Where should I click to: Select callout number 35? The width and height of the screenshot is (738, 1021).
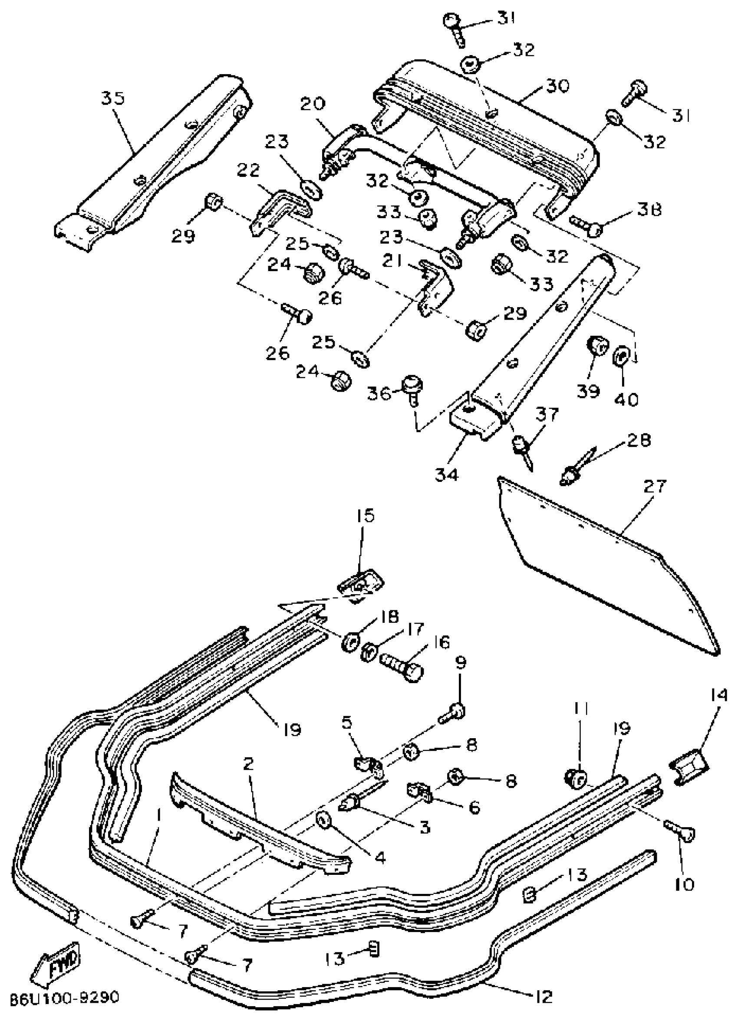click(112, 98)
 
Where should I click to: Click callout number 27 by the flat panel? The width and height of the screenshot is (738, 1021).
click(655, 486)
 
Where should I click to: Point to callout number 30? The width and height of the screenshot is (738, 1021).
click(557, 85)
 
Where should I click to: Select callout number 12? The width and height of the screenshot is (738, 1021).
click(544, 997)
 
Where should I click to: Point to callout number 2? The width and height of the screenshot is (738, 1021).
click(248, 763)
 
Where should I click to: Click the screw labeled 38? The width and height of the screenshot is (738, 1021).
click(586, 226)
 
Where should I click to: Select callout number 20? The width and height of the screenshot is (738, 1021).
click(313, 105)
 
